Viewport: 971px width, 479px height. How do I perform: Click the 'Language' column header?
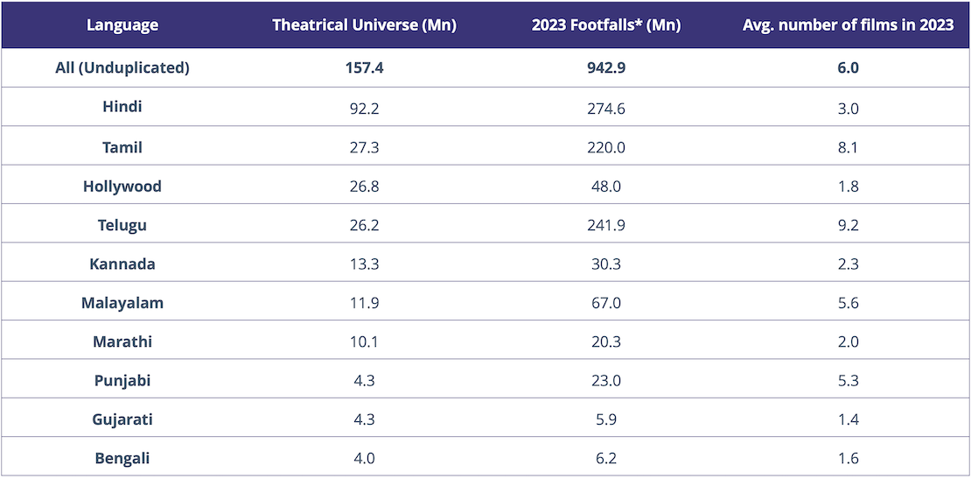[x=122, y=25]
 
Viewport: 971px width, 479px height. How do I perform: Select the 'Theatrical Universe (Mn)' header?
[x=364, y=25]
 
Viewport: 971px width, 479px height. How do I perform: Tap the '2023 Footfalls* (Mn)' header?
[x=606, y=25]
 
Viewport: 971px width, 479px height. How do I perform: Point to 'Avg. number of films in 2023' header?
[x=848, y=25]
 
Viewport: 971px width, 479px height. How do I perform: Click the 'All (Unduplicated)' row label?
[x=122, y=67]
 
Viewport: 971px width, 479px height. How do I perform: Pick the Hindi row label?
[x=122, y=107]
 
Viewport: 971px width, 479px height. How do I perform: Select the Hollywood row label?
[x=122, y=186]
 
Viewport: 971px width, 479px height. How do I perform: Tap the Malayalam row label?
[x=122, y=303]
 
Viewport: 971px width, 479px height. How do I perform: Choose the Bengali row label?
[x=122, y=458]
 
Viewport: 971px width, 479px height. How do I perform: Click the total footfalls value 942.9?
[x=606, y=67]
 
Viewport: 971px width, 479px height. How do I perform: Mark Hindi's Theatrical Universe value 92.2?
[x=364, y=109]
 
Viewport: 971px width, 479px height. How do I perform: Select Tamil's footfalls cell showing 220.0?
[x=606, y=147]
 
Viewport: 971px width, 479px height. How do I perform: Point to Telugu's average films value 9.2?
[x=848, y=225]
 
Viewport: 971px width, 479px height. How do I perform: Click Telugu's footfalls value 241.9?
[x=606, y=225]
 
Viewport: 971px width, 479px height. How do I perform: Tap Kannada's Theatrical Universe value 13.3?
[x=364, y=264]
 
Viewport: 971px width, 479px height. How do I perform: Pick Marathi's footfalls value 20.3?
[x=606, y=342]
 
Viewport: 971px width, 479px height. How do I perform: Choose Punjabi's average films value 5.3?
[x=848, y=381]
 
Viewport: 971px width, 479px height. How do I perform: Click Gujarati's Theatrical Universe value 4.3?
[x=364, y=419]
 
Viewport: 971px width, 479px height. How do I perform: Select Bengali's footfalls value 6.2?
[x=606, y=458]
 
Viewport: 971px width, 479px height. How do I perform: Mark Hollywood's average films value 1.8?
[x=848, y=186]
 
